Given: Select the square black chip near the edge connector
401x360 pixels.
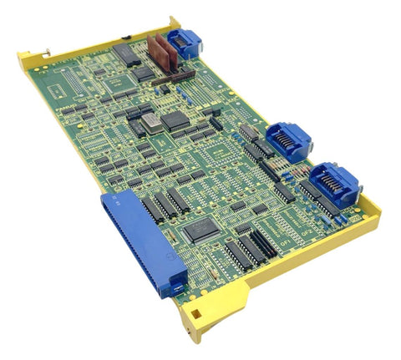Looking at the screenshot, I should tap(200, 231).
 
